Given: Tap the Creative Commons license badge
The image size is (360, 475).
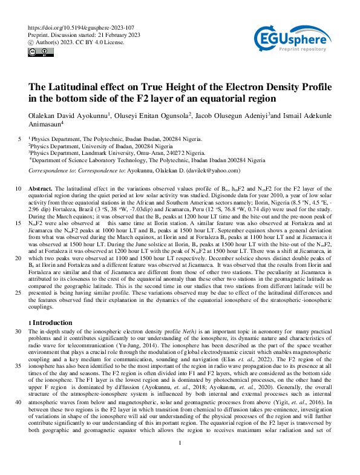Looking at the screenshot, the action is (38, 53).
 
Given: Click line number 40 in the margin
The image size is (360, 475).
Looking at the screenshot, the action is (18, 402).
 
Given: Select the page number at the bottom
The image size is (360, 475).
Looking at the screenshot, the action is (180, 459).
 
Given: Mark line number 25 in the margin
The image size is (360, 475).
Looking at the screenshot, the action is (18, 291).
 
